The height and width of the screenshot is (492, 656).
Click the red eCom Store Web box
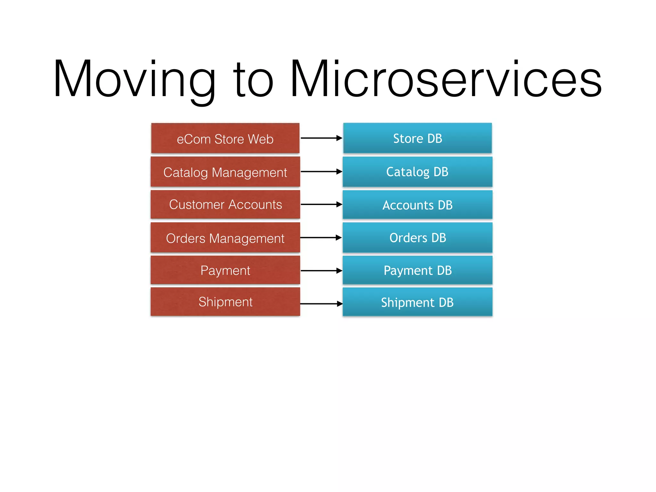[x=225, y=138]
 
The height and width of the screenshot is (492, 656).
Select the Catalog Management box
[x=225, y=172]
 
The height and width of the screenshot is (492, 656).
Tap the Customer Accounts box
[x=225, y=204]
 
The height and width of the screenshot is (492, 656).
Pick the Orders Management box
[x=225, y=238]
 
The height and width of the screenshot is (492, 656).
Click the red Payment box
[x=225, y=270]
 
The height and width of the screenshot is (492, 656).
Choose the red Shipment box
[x=225, y=302]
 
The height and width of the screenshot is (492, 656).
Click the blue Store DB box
[x=417, y=138]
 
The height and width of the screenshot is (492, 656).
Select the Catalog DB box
[x=417, y=172]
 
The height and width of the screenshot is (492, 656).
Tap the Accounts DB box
[x=417, y=205]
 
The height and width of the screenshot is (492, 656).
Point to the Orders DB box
[x=417, y=238]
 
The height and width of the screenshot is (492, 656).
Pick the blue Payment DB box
[x=417, y=270]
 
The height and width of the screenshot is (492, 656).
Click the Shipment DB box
[x=417, y=302]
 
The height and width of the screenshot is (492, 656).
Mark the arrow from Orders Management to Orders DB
[x=321, y=238]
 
